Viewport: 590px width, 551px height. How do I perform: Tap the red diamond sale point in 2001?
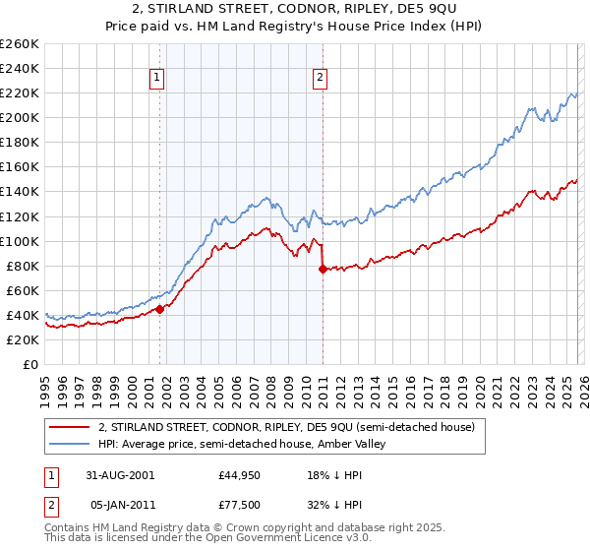(x=159, y=309)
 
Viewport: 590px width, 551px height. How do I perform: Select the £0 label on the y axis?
(x=31, y=364)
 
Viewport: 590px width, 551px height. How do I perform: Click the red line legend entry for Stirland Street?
(x=286, y=427)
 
